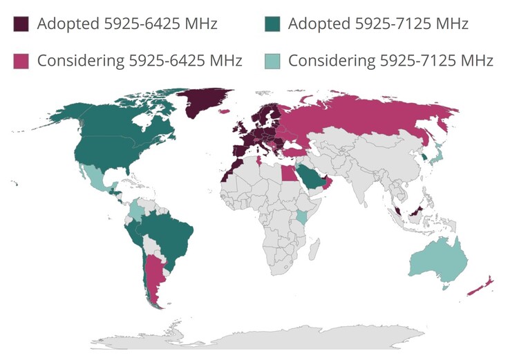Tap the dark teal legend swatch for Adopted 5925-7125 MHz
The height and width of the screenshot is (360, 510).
(x=273, y=24)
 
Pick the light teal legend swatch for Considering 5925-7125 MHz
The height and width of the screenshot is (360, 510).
(x=273, y=61)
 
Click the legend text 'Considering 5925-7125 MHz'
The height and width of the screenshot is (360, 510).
(x=390, y=61)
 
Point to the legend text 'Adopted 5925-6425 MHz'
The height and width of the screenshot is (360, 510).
(x=128, y=24)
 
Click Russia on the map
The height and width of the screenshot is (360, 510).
(x=366, y=117)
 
